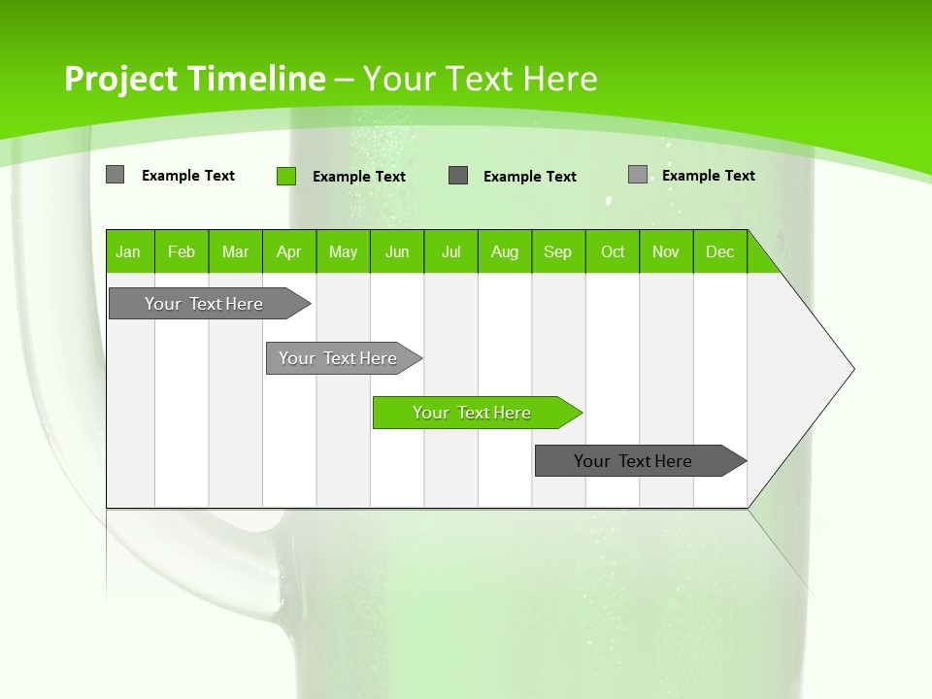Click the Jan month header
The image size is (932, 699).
(x=129, y=251)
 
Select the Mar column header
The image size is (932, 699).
(x=235, y=251)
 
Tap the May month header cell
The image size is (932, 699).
(x=343, y=251)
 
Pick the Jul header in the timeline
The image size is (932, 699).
(x=450, y=251)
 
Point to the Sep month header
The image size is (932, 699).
(x=557, y=251)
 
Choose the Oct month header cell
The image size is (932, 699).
(x=612, y=251)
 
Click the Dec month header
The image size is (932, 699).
(x=719, y=251)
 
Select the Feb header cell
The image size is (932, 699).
(x=182, y=251)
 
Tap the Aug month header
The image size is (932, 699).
(x=504, y=251)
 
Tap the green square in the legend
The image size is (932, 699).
(x=286, y=176)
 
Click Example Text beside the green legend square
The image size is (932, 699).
(x=358, y=177)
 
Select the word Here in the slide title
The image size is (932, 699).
(x=560, y=79)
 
